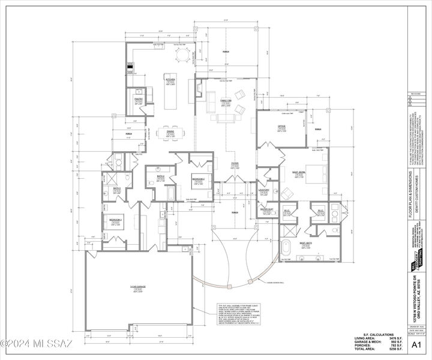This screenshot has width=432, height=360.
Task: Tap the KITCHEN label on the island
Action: click(x=170, y=79)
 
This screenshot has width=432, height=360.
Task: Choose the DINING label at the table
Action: click(x=170, y=131)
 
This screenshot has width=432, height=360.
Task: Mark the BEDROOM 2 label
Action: click(x=199, y=179)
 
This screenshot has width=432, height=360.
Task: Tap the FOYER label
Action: click(x=235, y=163)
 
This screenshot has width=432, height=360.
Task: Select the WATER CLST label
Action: click(x=267, y=209)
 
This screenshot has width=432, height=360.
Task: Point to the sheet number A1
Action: click(x=418, y=345)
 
